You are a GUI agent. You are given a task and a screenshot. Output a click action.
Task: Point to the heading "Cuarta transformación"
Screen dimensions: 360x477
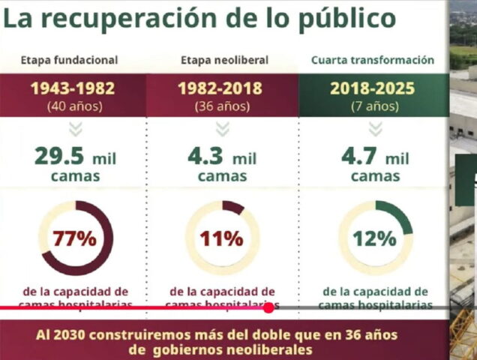373,60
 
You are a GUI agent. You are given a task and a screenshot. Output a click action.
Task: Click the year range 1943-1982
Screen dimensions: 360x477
73,88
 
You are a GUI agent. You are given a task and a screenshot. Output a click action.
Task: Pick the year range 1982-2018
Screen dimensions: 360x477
220,88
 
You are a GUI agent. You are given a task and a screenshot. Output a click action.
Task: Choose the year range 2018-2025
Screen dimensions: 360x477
373,88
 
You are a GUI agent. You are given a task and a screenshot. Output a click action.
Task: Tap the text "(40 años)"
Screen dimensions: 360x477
73,106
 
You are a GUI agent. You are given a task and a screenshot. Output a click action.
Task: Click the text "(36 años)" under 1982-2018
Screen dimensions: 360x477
220,106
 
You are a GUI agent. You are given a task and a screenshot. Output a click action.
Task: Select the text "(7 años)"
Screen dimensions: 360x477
373,106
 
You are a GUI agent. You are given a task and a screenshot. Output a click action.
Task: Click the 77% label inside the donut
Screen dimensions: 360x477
74,239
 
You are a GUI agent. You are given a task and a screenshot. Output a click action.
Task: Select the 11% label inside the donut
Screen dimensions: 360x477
221,239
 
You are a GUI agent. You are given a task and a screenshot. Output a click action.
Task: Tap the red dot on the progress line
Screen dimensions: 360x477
268,307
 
